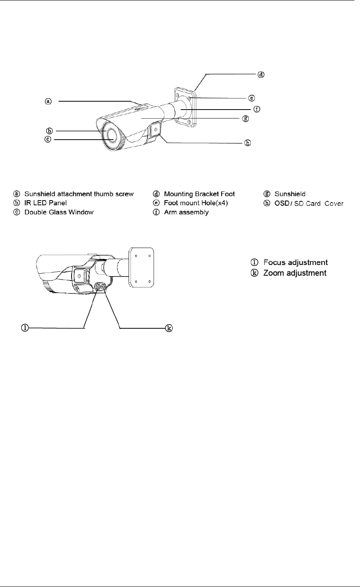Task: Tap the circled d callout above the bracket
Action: pyautogui.click(x=261, y=74)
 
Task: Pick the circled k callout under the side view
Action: pyautogui.click(x=169, y=328)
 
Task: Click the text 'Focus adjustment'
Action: pyautogui.click(x=296, y=262)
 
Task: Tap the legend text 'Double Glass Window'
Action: pyautogui.click(x=59, y=212)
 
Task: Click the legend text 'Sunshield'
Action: pyautogui.click(x=290, y=194)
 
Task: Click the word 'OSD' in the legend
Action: pyautogui.click(x=282, y=203)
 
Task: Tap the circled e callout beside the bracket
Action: pyautogui.click(x=251, y=98)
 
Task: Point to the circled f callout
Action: pyautogui.click(x=256, y=108)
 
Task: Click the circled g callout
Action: pyautogui.click(x=246, y=118)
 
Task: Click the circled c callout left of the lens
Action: pyautogui.click(x=47, y=140)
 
